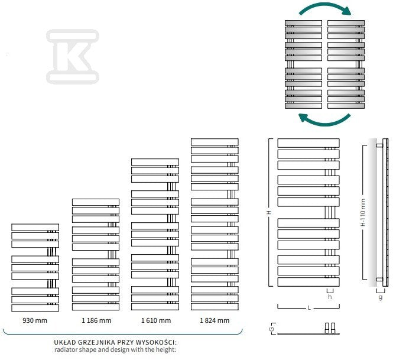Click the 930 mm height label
point(35,320)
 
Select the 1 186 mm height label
point(96,320)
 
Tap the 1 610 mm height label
point(156,320)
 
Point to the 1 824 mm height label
point(215,320)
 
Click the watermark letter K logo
point(73,56)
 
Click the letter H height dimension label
point(269,212)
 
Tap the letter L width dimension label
point(310,308)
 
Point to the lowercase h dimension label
point(330,297)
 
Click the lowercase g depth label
point(381,297)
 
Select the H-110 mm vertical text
point(363,212)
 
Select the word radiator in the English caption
point(66,349)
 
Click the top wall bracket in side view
point(379,145)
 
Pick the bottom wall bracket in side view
point(379,279)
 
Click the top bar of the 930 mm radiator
point(35,228)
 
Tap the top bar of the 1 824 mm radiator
point(215,142)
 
